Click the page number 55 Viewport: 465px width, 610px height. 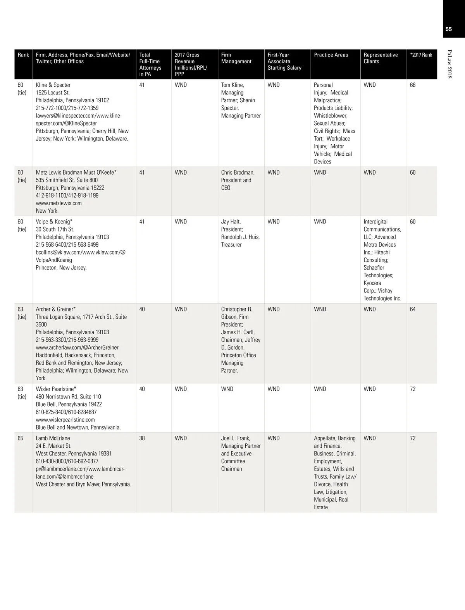(449, 29)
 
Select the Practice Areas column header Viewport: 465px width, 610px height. (331, 55)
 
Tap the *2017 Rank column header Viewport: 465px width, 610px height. (421, 55)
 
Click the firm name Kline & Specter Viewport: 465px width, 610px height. (53, 85)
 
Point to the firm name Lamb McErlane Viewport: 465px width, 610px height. (53, 438)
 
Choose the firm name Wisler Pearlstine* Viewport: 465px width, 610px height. (56, 389)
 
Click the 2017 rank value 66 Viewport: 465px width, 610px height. (413, 85)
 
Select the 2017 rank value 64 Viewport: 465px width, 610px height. (413, 309)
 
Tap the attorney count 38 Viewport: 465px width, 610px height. (142, 438)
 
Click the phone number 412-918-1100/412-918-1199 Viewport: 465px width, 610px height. (67, 195)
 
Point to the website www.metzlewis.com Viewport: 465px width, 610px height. (59, 203)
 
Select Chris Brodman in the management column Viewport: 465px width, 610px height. (238, 172)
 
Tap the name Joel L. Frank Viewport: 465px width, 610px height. (236, 438)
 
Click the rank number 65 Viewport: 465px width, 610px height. (21, 438)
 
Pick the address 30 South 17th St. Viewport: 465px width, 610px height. (55, 229)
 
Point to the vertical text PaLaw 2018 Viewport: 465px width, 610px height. (449, 64)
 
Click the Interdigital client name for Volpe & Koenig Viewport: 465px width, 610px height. (375, 222)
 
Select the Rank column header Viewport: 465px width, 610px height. (23, 55)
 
